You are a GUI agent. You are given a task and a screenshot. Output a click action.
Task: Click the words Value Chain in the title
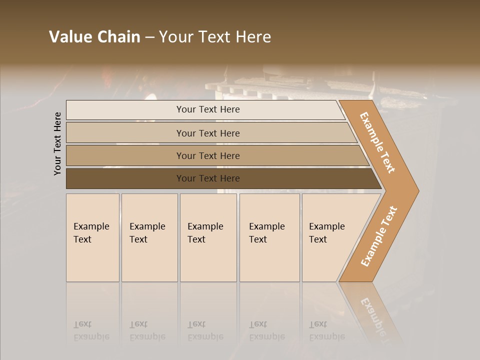(94, 37)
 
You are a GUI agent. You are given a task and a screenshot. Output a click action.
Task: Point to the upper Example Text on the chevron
(377, 142)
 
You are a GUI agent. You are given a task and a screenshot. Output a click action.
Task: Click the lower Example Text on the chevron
(379, 236)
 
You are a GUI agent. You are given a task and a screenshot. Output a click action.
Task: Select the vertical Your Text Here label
(57, 143)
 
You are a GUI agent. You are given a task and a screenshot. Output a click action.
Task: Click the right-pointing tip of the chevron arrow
(416, 190)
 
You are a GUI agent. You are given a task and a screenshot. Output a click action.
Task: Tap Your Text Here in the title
(215, 37)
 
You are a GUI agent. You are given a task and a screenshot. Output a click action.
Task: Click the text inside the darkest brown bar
(208, 178)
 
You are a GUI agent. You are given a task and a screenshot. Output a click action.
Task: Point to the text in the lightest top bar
(208, 109)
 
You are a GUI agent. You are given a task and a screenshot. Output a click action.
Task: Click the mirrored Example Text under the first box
(91, 330)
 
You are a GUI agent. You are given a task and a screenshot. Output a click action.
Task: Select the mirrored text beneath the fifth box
(326, 330)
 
